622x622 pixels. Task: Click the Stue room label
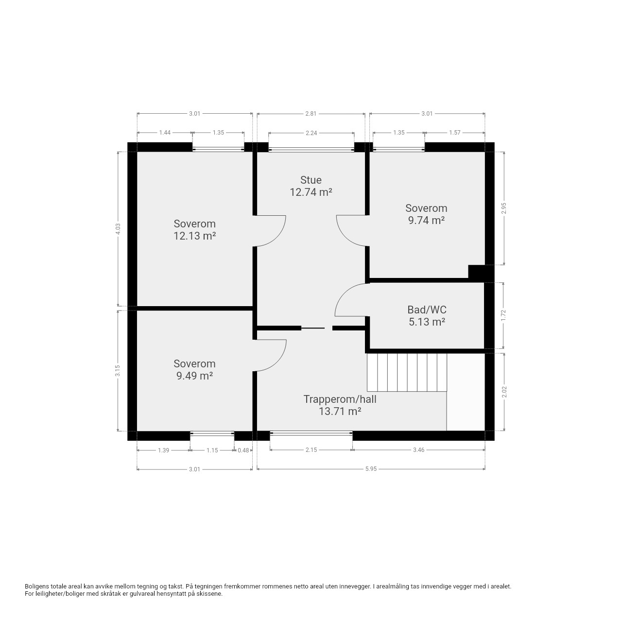(x=311, y=180)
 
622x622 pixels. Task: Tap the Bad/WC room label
(x=427, y=310)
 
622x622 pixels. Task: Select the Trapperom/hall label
(x=340, y=399)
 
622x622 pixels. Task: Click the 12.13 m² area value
(x=195, y=236)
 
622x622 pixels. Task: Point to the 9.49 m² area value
(x=195, y=376)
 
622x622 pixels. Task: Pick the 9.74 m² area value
(x=426, y=221)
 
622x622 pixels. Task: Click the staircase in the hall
(x=407, y=373)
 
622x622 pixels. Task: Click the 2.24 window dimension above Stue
(x=311, y=133)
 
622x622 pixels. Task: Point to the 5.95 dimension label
(x=371, y=469)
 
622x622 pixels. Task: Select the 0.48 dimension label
(x=243, y=450)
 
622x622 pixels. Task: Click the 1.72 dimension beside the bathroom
(x=503, y=315)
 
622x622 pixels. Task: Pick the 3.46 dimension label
(x=419, y=450)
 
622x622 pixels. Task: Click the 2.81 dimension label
(x=311, y=114)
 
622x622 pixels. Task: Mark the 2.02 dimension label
(x=505, y=392)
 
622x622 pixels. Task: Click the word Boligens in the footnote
(x=37, y=587)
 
